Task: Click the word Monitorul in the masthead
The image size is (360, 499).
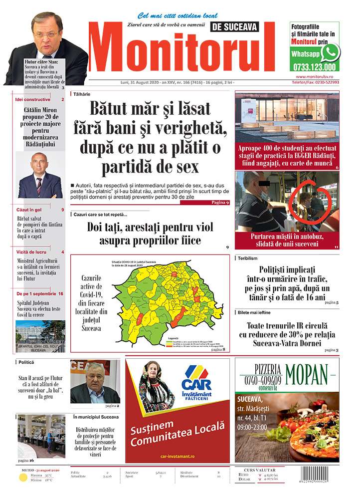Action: click(183, 50)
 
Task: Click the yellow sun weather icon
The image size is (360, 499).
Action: click(22, 478)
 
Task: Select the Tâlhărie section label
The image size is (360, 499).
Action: click(82, 93)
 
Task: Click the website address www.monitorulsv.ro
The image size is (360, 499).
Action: click(317, 76)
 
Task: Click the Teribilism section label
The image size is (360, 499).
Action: click(248, 258)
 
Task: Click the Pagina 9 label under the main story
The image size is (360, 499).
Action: click(220, 203)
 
